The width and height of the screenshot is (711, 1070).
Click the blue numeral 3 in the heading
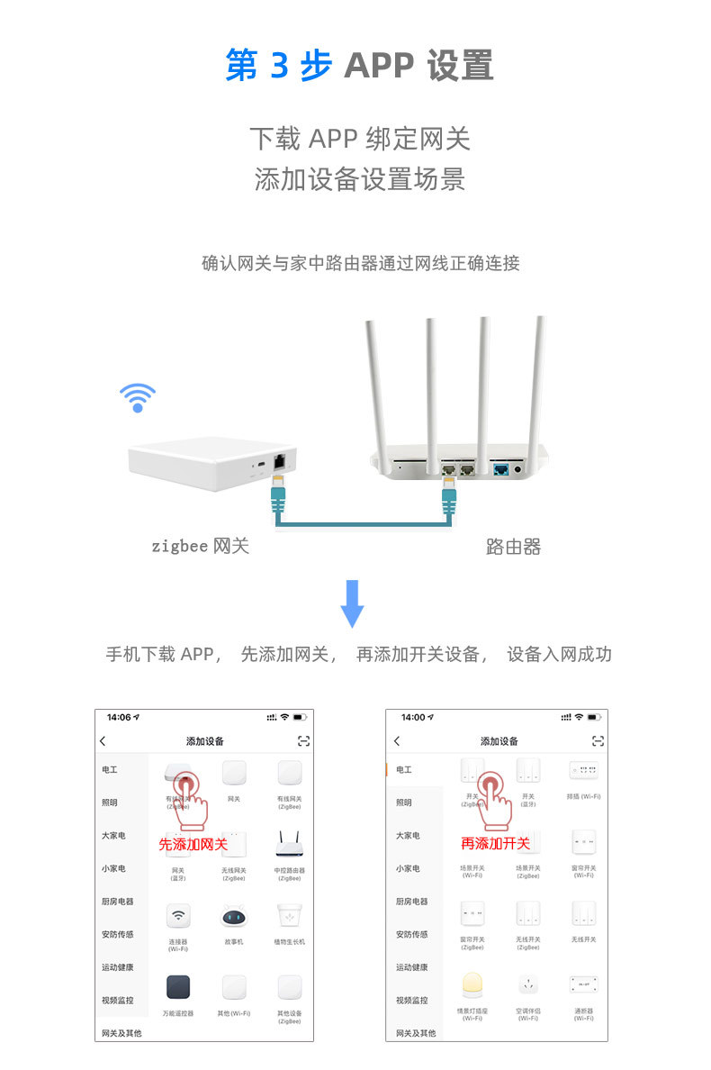279,65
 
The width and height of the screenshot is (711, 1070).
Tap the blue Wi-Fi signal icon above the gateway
138,397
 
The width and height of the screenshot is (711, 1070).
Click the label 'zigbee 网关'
200,546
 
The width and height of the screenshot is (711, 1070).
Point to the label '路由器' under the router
513,547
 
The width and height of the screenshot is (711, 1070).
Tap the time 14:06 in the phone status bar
119,717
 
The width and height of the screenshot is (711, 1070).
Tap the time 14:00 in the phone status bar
413,717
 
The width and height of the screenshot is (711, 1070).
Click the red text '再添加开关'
495,844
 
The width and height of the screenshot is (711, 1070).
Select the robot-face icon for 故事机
234,916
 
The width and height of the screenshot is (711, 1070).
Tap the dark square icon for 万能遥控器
178,987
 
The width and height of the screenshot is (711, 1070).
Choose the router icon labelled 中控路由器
290,844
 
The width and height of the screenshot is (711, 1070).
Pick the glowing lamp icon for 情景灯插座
472,985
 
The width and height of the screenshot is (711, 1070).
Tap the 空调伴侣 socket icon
528,985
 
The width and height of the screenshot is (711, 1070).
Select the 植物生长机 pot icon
290,916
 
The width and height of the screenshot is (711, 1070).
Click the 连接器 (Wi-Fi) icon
178,916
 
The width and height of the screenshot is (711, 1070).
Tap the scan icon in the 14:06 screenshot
303,740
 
